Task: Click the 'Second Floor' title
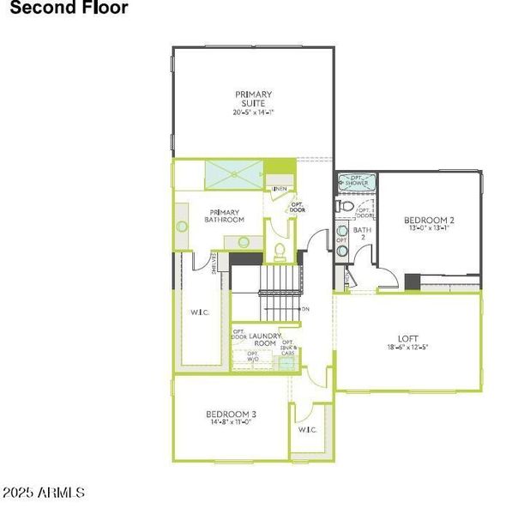pyautogui.click(x=69, y=9)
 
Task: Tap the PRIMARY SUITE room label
pyautogui.click(x=254, y=99)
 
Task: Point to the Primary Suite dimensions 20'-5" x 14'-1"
pyautogui.click(x=253, y=112)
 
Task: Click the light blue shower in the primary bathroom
pyautogui.click(x=234, y=173)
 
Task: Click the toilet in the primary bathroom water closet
pyautogui.click(x=280, y=251)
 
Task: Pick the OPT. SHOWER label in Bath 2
pyautogui.click(x=354, y=182)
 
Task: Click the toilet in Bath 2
pyautogui.click(x=344, y=207)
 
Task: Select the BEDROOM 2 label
pyautogui.click(x=429, y=221)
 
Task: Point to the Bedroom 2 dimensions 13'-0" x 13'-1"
pyautogui.click(x=429, y=229)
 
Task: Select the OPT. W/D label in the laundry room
pyautogui.click(x=253, y=356)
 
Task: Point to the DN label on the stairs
pyautogui.click(x=305, y=309)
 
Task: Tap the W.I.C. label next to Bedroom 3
pyautogui.click(x=307, y=429)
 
